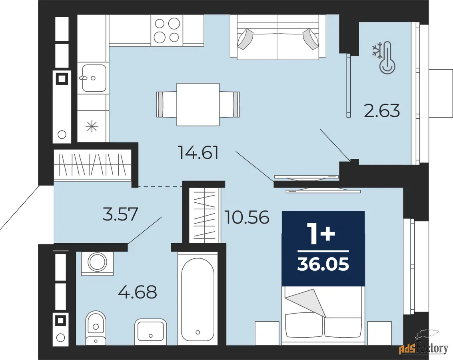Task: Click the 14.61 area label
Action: pos(199,153)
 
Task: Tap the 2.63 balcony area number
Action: pos(382,111)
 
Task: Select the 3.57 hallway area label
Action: pos(120,214)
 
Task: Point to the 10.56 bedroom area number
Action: pos(247,217)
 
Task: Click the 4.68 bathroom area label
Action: pos(138,292)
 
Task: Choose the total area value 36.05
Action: pos(323,264)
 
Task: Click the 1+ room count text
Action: pos(323,235)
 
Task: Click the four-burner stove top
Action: pos(166,30)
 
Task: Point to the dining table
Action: pos(198,104)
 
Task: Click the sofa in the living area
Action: pos(278,37)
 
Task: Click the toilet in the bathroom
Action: pos(96,327)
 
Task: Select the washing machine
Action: pos(98,263)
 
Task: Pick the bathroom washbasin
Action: pos(150,331)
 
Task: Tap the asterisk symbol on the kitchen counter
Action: pos(92,126)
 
